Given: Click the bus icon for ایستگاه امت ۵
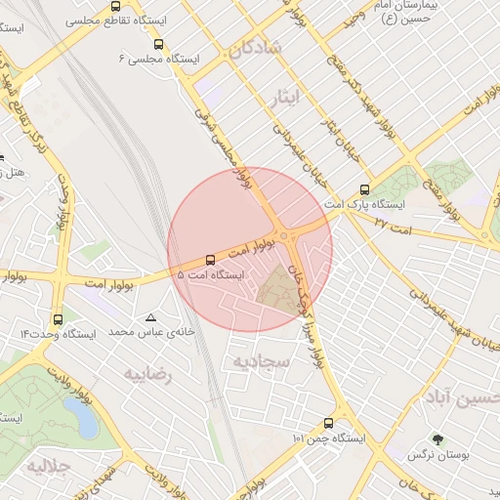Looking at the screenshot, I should click(211, 259).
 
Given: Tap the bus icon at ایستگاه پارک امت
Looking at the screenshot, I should click(365, 189).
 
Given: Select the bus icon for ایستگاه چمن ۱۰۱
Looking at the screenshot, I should click(328, 423).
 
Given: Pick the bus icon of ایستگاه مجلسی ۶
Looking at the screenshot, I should click(159, 44).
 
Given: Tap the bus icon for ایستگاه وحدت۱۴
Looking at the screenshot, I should click(59, 318).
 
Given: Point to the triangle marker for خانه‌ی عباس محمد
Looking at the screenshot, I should click(150, 317).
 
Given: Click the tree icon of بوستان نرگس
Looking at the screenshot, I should click(437, 439).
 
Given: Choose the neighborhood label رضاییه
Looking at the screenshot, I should click(147, 373).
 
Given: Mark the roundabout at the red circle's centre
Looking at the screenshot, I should click(285, 236).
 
